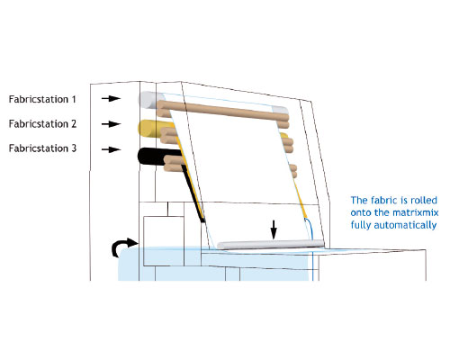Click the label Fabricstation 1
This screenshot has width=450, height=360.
pyautogui.click(x=42, y=99)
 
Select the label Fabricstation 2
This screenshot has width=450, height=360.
pyautogui.click(x=42, y=123)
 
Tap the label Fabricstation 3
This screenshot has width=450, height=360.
pyautogui.click(x=42, y=148)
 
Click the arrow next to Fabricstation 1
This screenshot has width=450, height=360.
pyautogui.click(x=111, y=98)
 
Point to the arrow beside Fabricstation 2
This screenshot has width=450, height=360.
pyautogui.click(x=111, y=123)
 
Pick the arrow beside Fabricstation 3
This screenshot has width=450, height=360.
pyautogui.click(x=111, y=149)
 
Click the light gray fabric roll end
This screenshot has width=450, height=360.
pyautogui.click(x=148, y=100)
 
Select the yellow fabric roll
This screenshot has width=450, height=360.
pyautogui.click(x=150, y=129)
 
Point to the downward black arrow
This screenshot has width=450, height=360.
pyautogui.click(x=274, y=229)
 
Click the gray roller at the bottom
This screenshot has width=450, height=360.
pyautogui.click(x=270, y=245)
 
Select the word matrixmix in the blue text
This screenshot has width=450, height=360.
pyautogui.click(x=416, y=212)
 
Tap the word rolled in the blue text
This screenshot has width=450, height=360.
pyautogui.click(x=424, y=200)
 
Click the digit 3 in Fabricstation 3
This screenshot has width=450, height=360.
pyautogui.click(x=74, y=148)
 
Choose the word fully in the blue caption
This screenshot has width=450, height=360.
pyautogui.click(x=361, y=225)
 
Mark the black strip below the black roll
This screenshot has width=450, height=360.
pyautogui.click(x=193, y=195)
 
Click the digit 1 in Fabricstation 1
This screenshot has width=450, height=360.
pyautogui.click(x=74, y=99)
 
